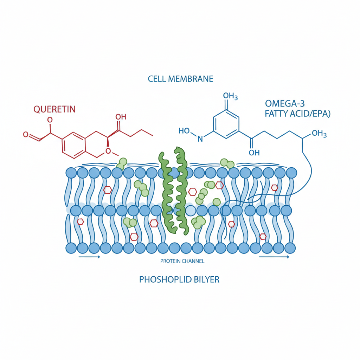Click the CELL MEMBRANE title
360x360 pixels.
click(x=180, y=78)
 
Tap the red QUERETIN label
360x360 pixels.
click(x=54, y=109)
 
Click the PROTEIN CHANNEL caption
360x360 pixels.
click(x=182, y=261)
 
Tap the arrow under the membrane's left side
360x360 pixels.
click(x=89, y=257)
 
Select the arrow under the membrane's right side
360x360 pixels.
click(x=274, y=257)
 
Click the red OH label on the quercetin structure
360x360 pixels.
click(x=121, y=117)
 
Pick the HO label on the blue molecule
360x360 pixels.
click(x=184, y=131)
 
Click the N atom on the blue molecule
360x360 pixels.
click(x=200, y=139)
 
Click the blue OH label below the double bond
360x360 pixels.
click(x=254, y=153)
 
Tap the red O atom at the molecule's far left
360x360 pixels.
click(x=26, y=134)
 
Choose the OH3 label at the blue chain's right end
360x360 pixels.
click(x=319, y=134)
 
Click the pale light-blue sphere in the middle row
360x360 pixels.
click(x=190, y=211)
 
